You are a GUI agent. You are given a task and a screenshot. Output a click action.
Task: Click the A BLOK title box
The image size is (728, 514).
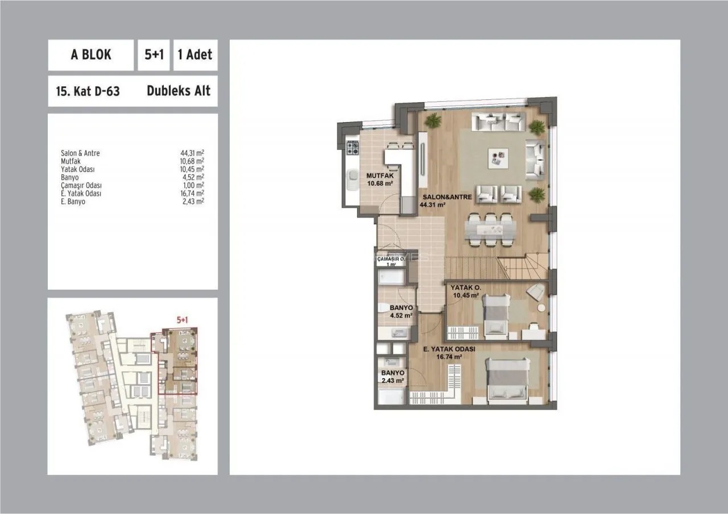pos(90,55)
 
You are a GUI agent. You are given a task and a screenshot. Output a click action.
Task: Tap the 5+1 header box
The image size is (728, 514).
pos(154,55)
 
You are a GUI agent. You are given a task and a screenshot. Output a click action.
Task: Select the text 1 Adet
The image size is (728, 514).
pos(195,55)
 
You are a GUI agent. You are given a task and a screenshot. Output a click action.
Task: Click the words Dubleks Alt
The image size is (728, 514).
pos(179,91)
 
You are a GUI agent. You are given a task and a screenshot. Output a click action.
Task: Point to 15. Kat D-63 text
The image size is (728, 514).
pos(88,91)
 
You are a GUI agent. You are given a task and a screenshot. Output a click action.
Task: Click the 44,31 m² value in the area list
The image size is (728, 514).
pos(192,153)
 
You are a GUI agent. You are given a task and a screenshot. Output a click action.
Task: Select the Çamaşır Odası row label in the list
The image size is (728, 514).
pos(81,185)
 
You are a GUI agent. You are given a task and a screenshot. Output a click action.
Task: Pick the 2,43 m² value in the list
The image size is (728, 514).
pos(193,201)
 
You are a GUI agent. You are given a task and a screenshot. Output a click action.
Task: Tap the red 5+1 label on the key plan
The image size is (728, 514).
pos(183,320)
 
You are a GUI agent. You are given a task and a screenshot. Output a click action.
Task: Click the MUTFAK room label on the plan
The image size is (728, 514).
pos(380,175)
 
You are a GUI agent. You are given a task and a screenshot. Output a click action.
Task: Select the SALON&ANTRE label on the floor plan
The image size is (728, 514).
pos(447,197)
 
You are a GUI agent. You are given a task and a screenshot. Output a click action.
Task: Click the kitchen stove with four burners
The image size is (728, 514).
pos(353,149)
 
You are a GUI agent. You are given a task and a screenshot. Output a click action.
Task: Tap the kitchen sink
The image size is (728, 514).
pos(352,179)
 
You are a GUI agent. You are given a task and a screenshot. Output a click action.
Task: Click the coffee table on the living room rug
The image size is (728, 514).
pos(498,158)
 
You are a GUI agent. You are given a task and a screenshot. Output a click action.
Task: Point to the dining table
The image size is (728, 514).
pos(490,230)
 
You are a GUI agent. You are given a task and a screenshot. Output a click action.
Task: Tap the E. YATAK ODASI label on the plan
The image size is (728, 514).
pos(449,349)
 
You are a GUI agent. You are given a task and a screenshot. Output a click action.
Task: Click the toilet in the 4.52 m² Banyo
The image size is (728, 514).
pos(385,308)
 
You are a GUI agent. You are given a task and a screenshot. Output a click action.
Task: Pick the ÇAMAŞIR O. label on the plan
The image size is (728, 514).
pos(391,259)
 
